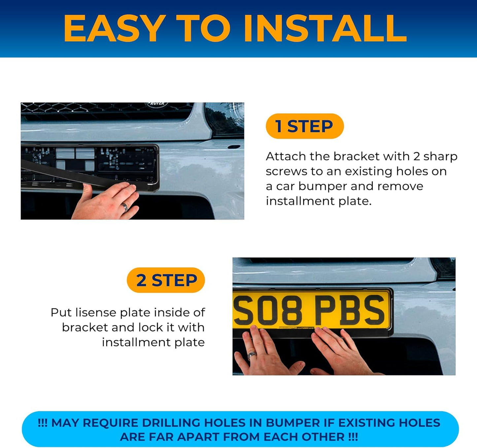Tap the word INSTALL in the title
[x=325, y=28]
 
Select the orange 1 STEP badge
[x=305, y=126]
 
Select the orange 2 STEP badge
[x=166, y=280]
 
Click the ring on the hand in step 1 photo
[x=125, y=207]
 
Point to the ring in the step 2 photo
[x=252, y=355]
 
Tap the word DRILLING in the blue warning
[x=171, y=423]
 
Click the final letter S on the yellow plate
[x=374, y=310]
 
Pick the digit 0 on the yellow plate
[x=268, y=311]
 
